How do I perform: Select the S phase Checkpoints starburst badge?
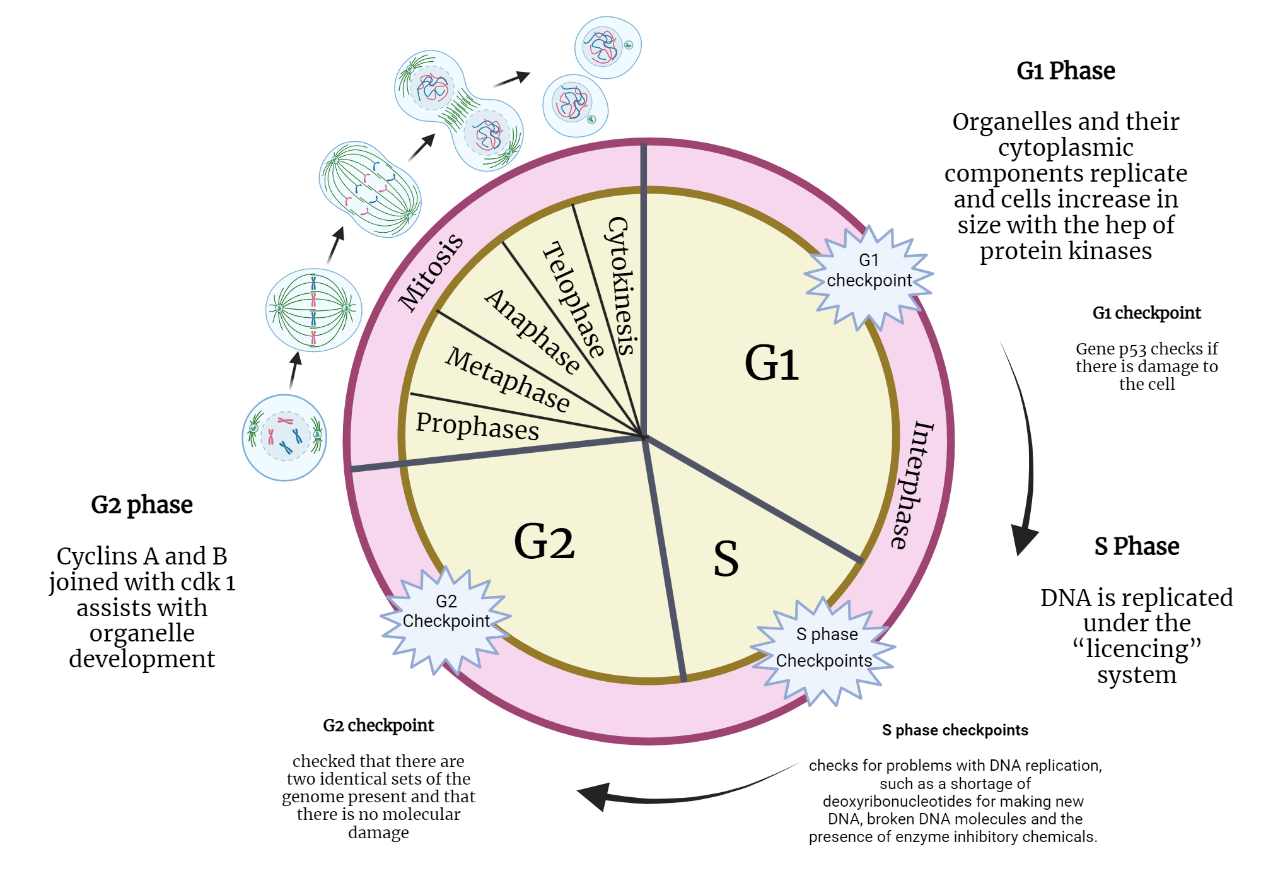[x=823, y=650]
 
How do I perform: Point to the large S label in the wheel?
[x=726, y=559]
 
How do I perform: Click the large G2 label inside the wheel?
[x=544, y=541]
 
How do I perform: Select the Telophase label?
[x=573, y=300]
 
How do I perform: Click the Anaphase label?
[x=532, y=330]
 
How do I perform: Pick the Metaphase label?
[x=508, y=379]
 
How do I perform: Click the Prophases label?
[x=477, y=426]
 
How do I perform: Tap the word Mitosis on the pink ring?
[x=431, y=272]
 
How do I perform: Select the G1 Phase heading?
[x=1066, y=71]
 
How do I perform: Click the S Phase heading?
[x=1136, y=546]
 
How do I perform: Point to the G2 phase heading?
[x=142, y=505]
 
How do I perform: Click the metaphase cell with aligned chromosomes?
[x=313, y=310]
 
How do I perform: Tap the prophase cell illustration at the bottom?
[x=285, y=437]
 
